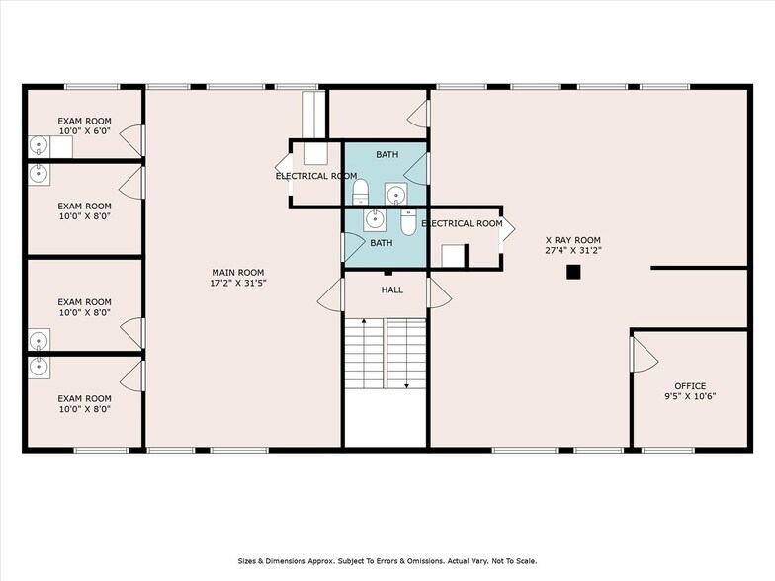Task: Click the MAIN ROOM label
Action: click(238, 272)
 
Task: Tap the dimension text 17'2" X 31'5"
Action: click(238, 283)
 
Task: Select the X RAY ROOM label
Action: click(572, 240)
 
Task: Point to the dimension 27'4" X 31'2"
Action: click(572, 251)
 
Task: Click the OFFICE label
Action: click(690, 386)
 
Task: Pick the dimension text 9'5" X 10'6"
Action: click(690, 397)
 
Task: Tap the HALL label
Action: click(392, 290)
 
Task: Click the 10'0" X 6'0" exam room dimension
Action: click(84, 130)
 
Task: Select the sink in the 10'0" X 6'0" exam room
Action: click(39, 146)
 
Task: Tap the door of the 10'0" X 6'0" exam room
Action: click(135, 140)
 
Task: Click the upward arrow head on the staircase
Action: click(365, 322)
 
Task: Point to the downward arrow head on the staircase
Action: click(406, 387)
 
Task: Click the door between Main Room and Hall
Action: click(331, 294)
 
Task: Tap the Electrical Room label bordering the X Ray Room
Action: click(462, 224)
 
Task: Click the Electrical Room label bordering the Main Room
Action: click(315, 176)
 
